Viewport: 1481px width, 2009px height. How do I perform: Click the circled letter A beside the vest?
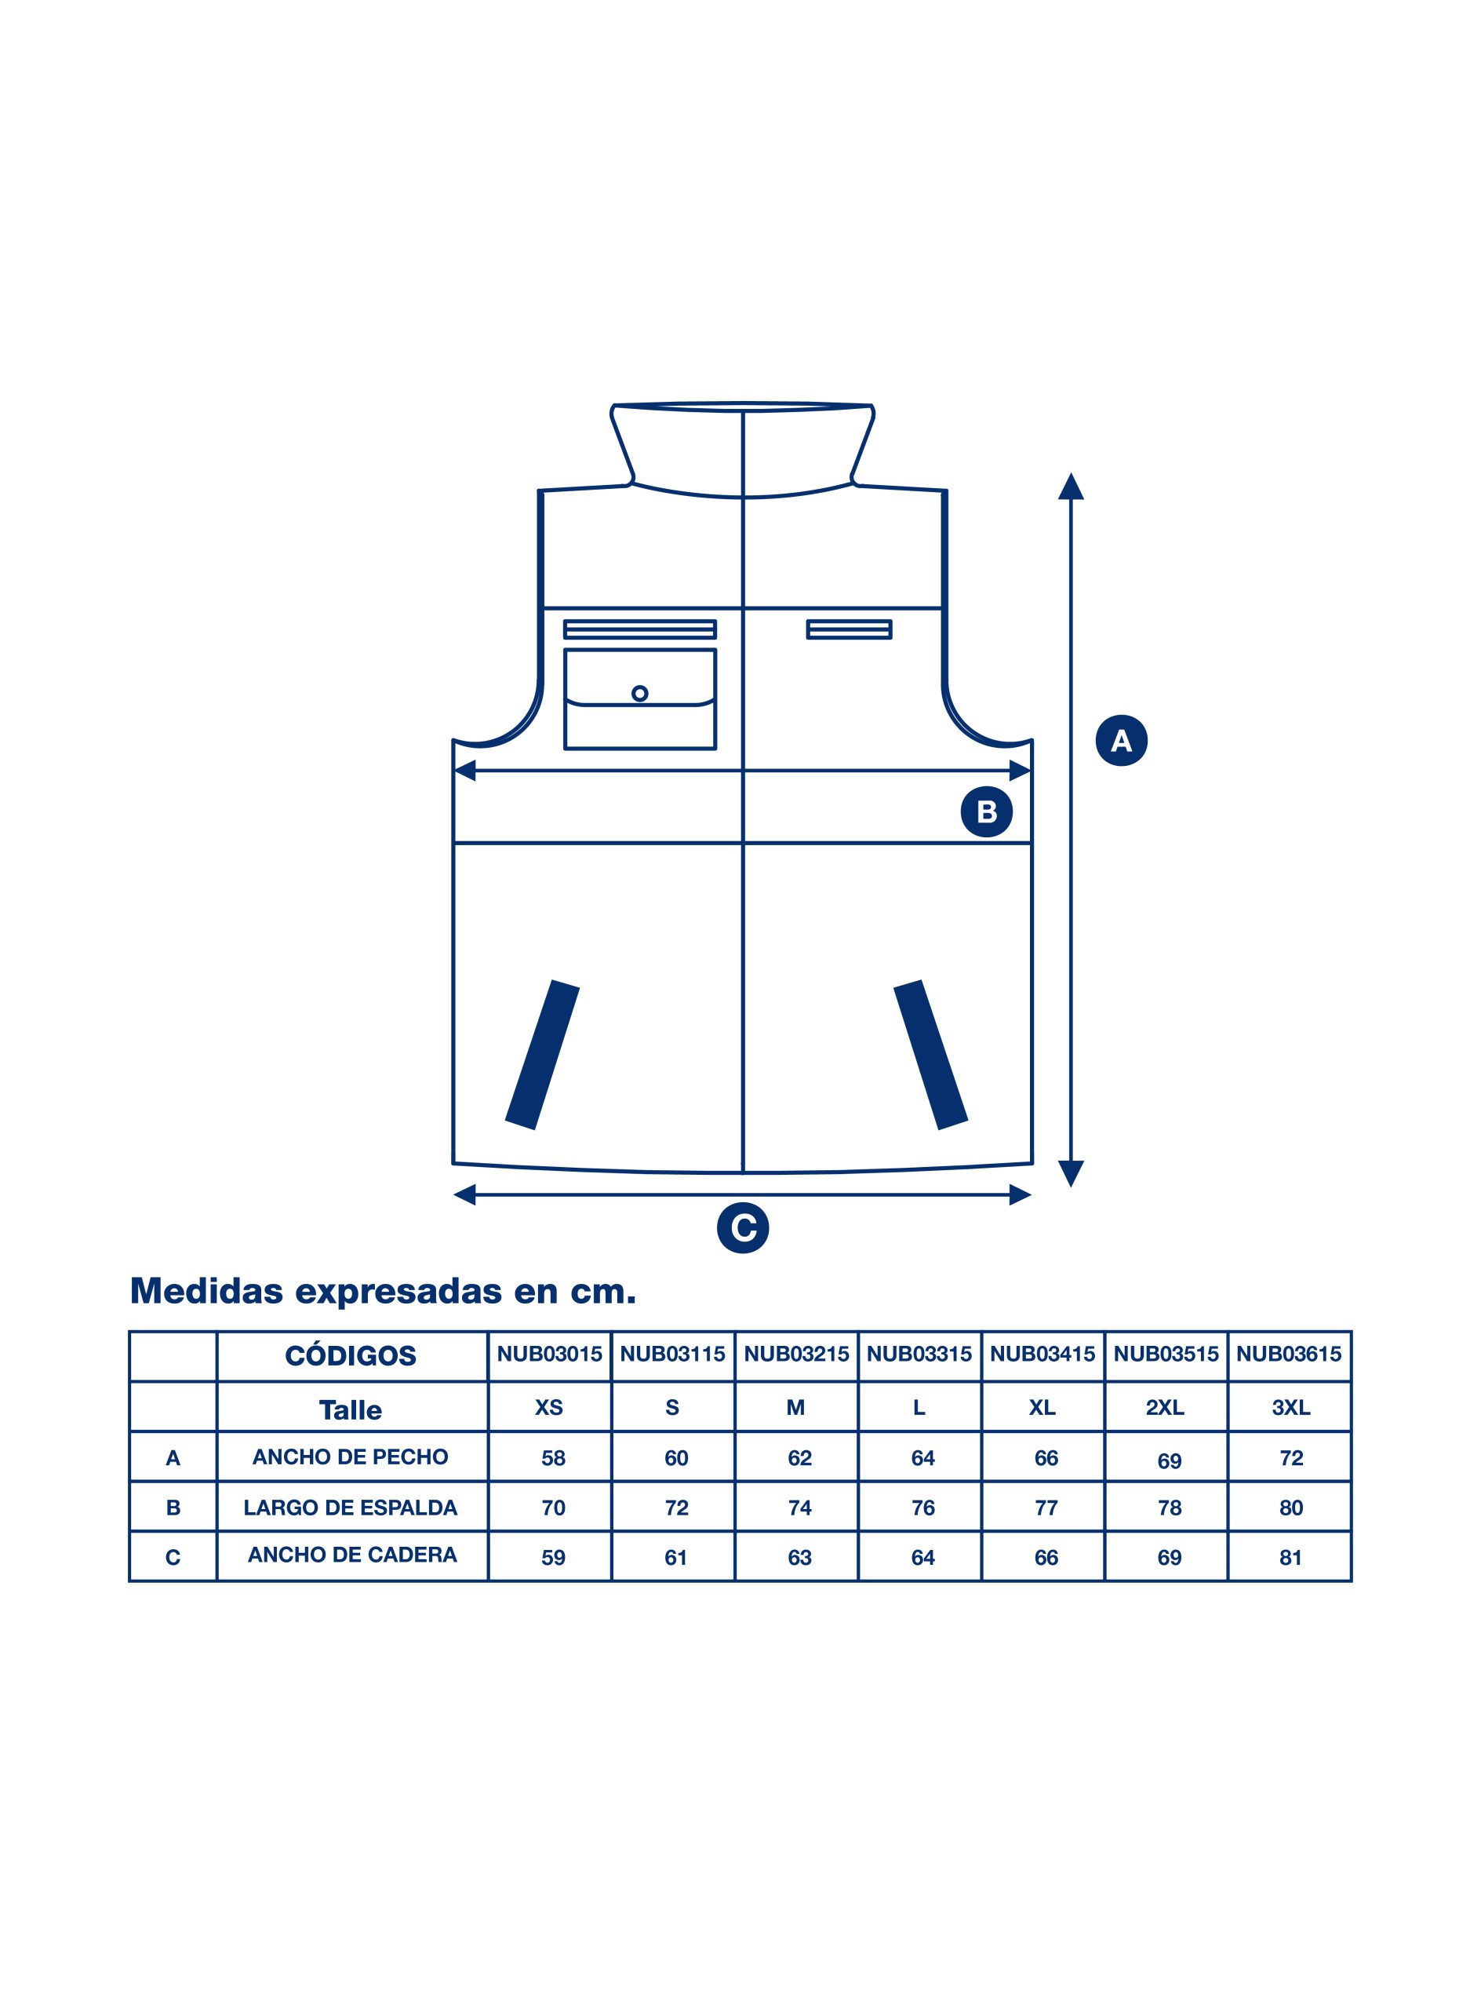1122,741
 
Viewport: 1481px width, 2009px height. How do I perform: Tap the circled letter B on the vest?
986,811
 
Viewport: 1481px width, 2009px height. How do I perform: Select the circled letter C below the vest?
743,1228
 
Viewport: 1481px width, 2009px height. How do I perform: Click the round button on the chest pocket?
639,693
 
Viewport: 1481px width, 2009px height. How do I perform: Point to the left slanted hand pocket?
542,1055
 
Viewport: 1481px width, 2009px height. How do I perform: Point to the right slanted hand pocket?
930,1055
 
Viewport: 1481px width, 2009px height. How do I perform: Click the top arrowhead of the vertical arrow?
1072,486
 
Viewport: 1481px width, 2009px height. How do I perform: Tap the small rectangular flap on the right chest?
849,629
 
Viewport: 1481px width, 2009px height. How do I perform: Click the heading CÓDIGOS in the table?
351,1355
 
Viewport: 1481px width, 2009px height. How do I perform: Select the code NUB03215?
796,1355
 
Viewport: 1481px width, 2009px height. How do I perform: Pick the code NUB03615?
1289,1355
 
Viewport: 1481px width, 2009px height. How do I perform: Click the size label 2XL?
1166,1408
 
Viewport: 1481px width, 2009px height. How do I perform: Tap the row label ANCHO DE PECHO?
350,1457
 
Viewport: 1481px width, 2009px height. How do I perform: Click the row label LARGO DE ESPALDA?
351,1508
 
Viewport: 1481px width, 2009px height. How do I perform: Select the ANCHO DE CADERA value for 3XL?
1291,1558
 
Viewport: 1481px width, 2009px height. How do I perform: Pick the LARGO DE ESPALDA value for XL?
1046,1508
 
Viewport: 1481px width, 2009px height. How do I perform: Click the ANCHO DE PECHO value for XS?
553,1458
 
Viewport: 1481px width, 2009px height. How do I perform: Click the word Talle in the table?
351,1410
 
